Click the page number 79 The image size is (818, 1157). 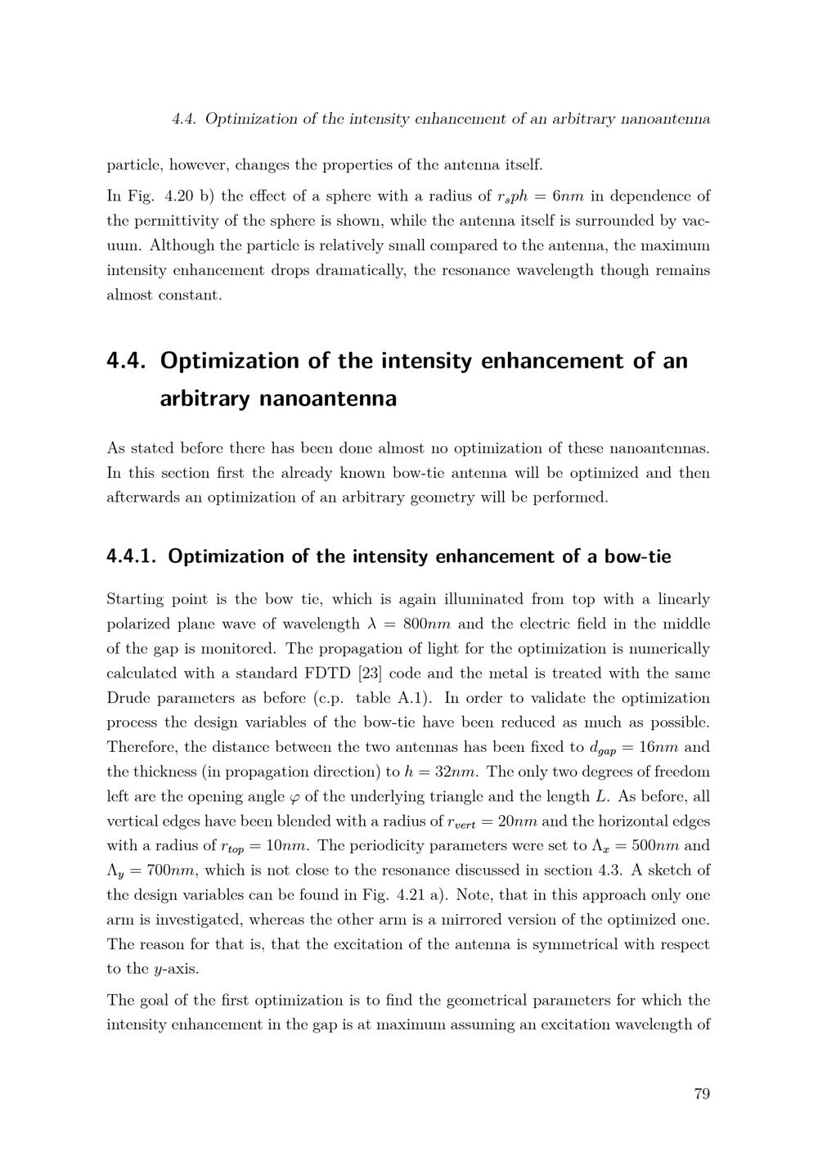click(x=701, y=1094)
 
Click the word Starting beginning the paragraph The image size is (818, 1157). click(x=134, y=600)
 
